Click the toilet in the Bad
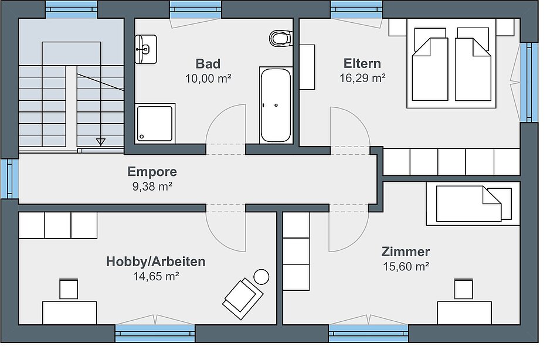[x=281, y=38]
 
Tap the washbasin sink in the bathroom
[x=145, y=49]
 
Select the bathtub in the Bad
[x=276, y=105]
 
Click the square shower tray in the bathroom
[x=155, y=123]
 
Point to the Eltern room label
[x=362, y=63]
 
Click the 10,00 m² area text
[x=208, y=79]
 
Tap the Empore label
[x=152, y=171]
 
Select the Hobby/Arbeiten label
[x=155, y=261]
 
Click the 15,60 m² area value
[x=406, y=266]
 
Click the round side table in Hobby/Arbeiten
[x=261, y=277]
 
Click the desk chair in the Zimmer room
[x=464, y=288]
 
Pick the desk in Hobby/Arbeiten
[x=70, y=313]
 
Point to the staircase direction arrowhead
[x=101, y=142]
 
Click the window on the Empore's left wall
[x=10, y=178]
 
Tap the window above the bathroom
[x=196, y=9]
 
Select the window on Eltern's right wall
[x=529, y=83]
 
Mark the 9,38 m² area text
[x=152, y=186]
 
